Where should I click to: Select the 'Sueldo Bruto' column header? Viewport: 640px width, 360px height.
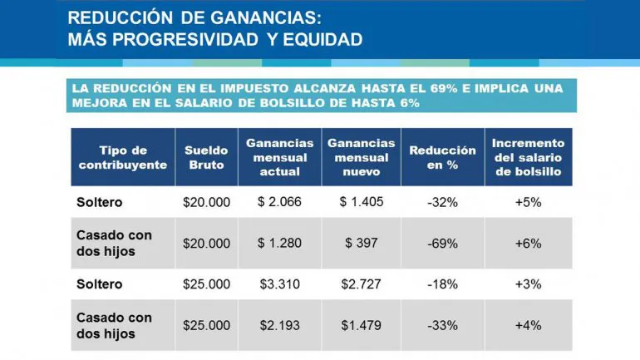(x=206, y=157)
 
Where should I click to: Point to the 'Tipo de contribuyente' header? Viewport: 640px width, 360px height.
(x=123, y=157)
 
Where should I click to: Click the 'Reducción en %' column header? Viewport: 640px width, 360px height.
(x=442, y=157)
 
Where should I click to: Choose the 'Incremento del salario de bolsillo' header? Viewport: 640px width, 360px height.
(x=528, y=157)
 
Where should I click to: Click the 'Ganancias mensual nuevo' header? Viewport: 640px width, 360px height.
(x=361, y=157)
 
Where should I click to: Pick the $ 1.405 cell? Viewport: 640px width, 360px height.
(x=361, y=201)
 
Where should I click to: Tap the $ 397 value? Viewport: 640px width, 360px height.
(x=361, y=243)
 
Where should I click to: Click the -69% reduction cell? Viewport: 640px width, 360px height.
(x=442, y=243)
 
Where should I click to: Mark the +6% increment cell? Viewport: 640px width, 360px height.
(x=528, y=243)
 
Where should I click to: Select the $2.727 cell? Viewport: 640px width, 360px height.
(x=361, y=284)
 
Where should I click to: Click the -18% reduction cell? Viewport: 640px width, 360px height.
(x=442, y=284)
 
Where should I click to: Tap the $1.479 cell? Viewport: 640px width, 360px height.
(x=361, y=325)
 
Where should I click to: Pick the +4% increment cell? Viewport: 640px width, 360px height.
(x=528, y=325)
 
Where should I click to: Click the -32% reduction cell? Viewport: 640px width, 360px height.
(x=442, y=201)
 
